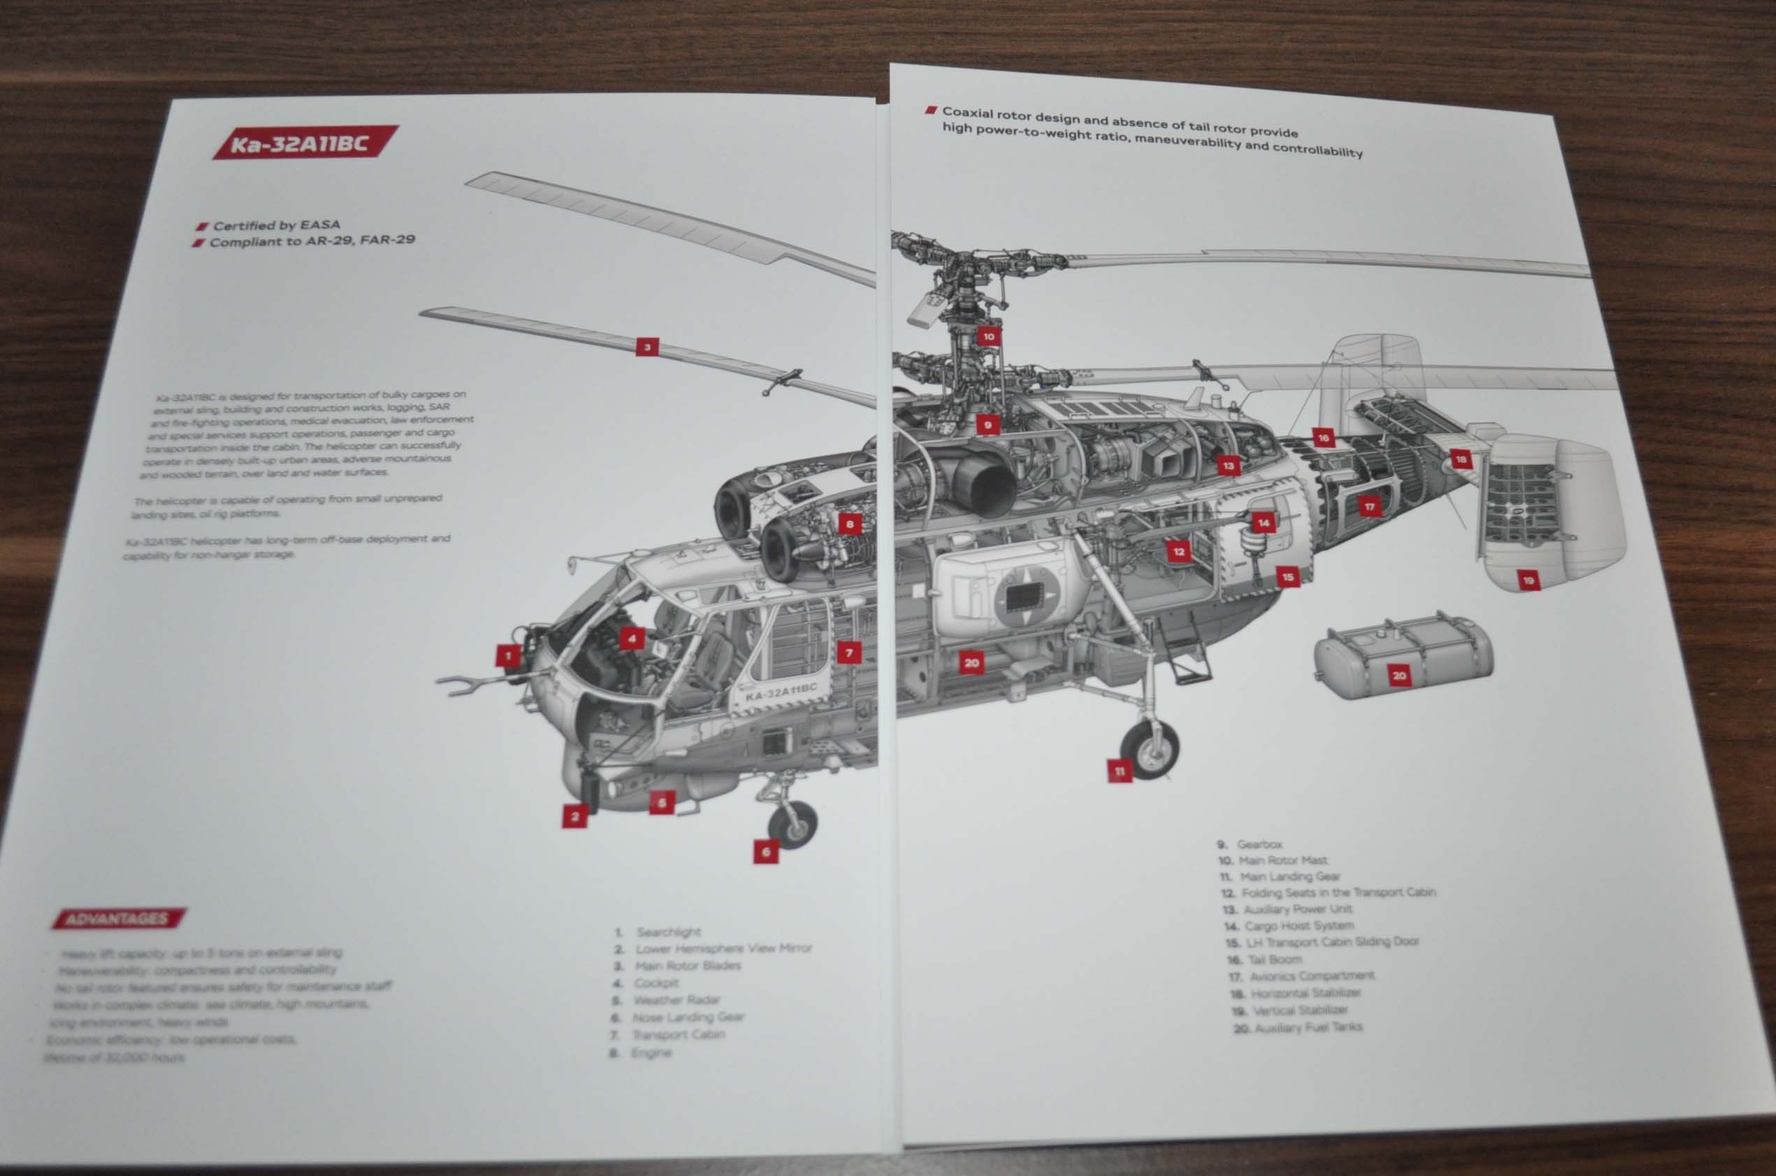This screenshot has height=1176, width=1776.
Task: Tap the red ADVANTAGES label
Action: point(117,919)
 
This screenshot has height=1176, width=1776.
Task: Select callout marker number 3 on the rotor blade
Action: point(647,347)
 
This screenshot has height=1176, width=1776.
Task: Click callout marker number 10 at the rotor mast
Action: point(988,336)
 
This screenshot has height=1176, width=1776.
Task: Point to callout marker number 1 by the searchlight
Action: point(507,655)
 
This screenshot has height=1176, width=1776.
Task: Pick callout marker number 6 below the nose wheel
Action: point(766,851)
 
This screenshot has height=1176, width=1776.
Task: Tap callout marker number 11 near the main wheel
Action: point(1120,771)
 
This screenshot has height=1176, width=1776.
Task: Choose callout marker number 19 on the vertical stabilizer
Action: point(1528,580)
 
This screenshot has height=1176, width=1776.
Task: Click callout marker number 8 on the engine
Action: point(849,523)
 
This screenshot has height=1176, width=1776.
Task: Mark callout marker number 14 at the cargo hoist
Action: point(1264,523)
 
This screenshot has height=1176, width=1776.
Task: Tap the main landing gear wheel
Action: point(1149,748)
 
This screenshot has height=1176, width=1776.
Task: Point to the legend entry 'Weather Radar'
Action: point(677,1000)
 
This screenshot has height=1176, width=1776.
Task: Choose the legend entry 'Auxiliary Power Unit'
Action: point(1298,909)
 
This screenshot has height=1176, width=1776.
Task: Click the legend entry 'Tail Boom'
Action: point(1274,959)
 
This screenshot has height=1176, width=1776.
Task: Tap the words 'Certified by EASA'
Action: point(276,225)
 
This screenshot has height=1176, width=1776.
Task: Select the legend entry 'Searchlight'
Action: point(668,932)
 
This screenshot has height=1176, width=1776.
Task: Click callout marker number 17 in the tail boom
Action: point(1369,507)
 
